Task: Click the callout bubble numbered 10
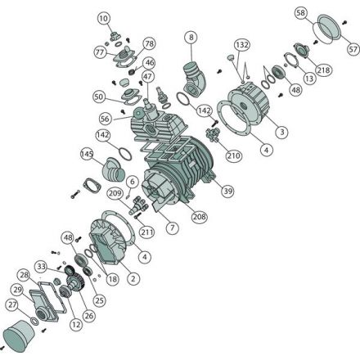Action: [x=104, y=19]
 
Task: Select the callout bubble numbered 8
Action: [x=191, y=37]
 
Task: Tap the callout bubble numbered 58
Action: [x=300, y=13]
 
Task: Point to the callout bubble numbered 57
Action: [x=353, y=49]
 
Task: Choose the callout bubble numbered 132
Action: [x=242, y=44]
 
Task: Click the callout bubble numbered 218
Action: [x=323, y=70]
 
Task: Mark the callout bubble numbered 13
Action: [x=309, y=79]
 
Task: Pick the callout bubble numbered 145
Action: [x=87, y=154]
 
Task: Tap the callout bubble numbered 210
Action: [x=234, y=155]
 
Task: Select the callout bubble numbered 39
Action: [x=227, y=191]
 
